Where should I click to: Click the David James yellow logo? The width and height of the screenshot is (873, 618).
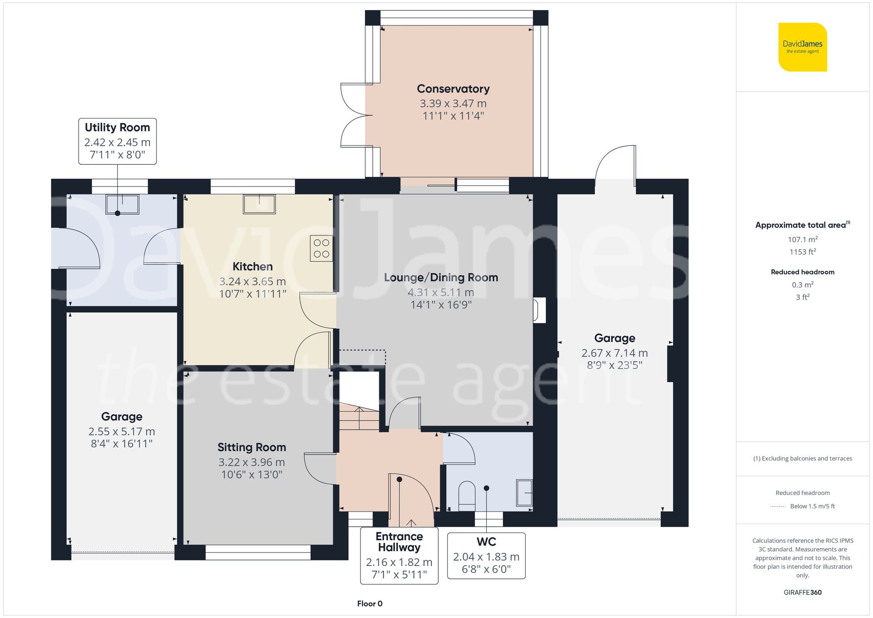click(802, 47)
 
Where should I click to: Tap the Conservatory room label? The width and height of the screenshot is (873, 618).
click(453, 89)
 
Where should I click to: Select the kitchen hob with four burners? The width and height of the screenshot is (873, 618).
click(321, 249)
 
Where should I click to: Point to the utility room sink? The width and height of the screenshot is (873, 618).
click(122, 204)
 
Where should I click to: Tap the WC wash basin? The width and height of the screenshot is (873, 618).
click(524, 493)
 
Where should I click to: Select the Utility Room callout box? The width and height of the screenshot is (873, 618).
click(117, 141)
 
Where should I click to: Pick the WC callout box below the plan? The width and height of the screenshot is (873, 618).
click(486, 556)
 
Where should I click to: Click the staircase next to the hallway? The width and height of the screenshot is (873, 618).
click(359, 417)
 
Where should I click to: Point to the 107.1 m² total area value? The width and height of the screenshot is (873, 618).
click(802, 239)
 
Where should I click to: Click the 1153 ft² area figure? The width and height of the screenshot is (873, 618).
click(802, 252)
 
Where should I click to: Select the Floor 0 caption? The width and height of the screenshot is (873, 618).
click(370, 604)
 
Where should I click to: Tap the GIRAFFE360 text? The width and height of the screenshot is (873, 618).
click(802, 592)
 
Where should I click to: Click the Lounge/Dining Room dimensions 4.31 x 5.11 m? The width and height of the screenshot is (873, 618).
click(440, 292)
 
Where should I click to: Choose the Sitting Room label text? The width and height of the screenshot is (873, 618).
click(252, 447)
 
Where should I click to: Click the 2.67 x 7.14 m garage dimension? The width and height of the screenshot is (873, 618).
click(614, 353)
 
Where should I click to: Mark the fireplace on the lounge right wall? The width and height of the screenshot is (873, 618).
click(539, 310)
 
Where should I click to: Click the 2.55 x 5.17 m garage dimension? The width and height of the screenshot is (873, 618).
click(122, 432)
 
